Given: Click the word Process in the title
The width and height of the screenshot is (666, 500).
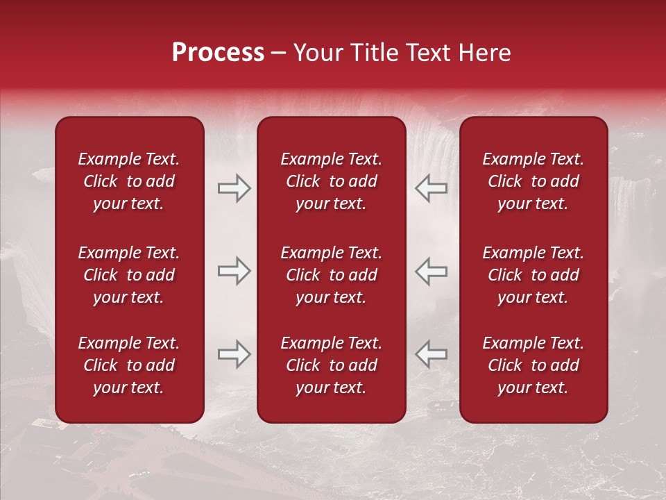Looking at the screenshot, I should click(x=218, y=53).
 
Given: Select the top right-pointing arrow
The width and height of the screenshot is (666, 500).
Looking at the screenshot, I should click(x=234, y=188).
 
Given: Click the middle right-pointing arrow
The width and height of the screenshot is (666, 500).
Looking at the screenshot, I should click(x=234, y=271).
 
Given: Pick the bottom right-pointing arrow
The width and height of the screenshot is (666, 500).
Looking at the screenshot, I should click(x=234, y=354).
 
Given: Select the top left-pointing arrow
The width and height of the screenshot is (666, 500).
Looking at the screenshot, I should click(x=432, y=188).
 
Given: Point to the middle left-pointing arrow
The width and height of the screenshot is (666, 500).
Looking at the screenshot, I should click(x=432, y=271).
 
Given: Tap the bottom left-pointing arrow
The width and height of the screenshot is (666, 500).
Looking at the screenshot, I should click(x=432, y=354).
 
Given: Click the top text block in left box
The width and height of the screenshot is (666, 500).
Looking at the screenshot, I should click(x=129, y=181).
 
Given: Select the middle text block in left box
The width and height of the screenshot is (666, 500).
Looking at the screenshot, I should click(x=129, y=275).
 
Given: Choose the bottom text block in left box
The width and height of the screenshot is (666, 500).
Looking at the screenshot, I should click(x=129, y=365).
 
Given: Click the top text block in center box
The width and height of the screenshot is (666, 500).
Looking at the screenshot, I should click(x=331, y=181).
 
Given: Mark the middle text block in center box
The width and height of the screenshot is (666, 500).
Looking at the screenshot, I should click(x=331, y=275).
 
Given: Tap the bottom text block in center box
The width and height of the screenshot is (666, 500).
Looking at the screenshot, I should click(x=331, y=365).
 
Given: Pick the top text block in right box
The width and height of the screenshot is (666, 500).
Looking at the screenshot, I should click(x=533, y=181).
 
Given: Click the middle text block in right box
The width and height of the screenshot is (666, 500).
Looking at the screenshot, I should click(x=533, y=275).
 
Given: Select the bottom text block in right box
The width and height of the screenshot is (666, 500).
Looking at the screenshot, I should click(x=533, y=365).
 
